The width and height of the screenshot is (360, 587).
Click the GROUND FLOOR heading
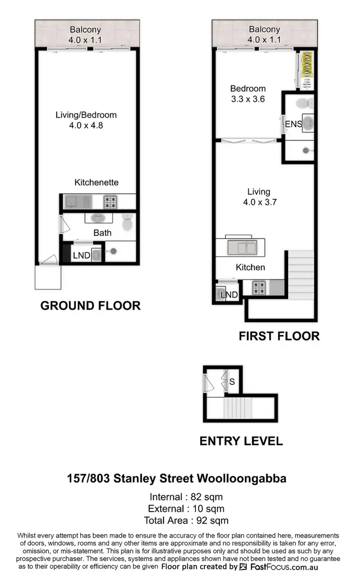pyautogui.click(x=90, y=306)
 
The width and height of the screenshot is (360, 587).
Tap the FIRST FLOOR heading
pyautogui.click(x=279, y=336)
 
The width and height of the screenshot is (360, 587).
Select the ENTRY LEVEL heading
pyautogui.click(x=241, y=441)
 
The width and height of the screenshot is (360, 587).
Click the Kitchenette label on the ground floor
pyautogui.click(x=96, y=182)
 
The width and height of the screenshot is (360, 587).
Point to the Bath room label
pyautogui.click(x=102, y=233)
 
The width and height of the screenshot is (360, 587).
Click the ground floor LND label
pyautogui.click(x=82, y=255)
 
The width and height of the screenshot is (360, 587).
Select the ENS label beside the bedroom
pyautogui.click(x=293, y=124)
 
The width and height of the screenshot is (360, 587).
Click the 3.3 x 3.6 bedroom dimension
pyautogui.click(x=248, y=99)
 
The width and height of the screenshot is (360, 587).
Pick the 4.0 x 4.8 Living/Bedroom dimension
pyautogui.click(x=86, y=126)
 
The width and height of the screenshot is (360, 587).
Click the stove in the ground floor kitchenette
pyautogui.click(x=110, y=202)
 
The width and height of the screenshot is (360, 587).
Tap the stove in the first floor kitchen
pyautogui.click(x=260, y=288)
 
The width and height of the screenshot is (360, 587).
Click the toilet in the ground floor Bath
pyautogui.click(x=127, y=222)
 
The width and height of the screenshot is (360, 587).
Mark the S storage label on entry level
pyautogui.click(x=231, y=382)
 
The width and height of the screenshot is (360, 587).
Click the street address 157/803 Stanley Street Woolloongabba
pyautogui.click(x=177, y=479)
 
